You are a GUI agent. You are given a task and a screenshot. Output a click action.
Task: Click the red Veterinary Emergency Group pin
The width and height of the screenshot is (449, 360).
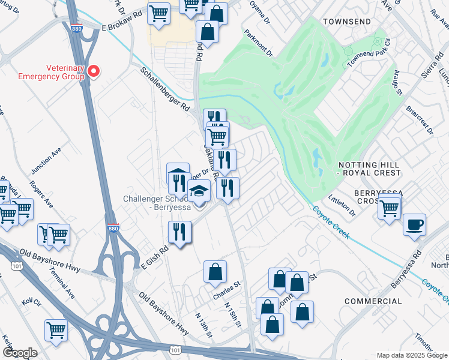94,71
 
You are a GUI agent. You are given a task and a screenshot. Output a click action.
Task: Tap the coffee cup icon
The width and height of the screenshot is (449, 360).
414,226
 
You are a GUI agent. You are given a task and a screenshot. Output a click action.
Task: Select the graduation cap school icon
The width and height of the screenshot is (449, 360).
199,191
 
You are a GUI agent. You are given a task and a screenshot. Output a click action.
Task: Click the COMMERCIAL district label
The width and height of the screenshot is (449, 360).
373,301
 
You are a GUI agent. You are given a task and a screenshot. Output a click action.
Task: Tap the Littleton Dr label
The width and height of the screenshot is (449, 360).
343,204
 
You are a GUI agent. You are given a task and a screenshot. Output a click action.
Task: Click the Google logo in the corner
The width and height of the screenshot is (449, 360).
20,353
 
